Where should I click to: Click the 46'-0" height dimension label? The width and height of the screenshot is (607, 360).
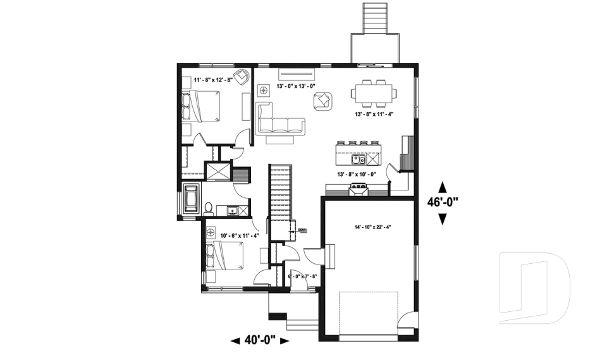(443, 202)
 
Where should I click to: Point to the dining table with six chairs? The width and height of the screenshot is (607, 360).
(375, 93)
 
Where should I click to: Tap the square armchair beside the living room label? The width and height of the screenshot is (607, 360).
(323, 100)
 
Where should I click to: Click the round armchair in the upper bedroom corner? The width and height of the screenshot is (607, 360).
(240, 77)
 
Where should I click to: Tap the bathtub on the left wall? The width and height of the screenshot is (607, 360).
(191, 199)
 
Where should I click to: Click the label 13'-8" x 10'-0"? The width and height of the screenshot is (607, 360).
(356, 174)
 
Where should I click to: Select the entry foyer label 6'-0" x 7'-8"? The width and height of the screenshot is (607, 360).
(302, 276)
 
